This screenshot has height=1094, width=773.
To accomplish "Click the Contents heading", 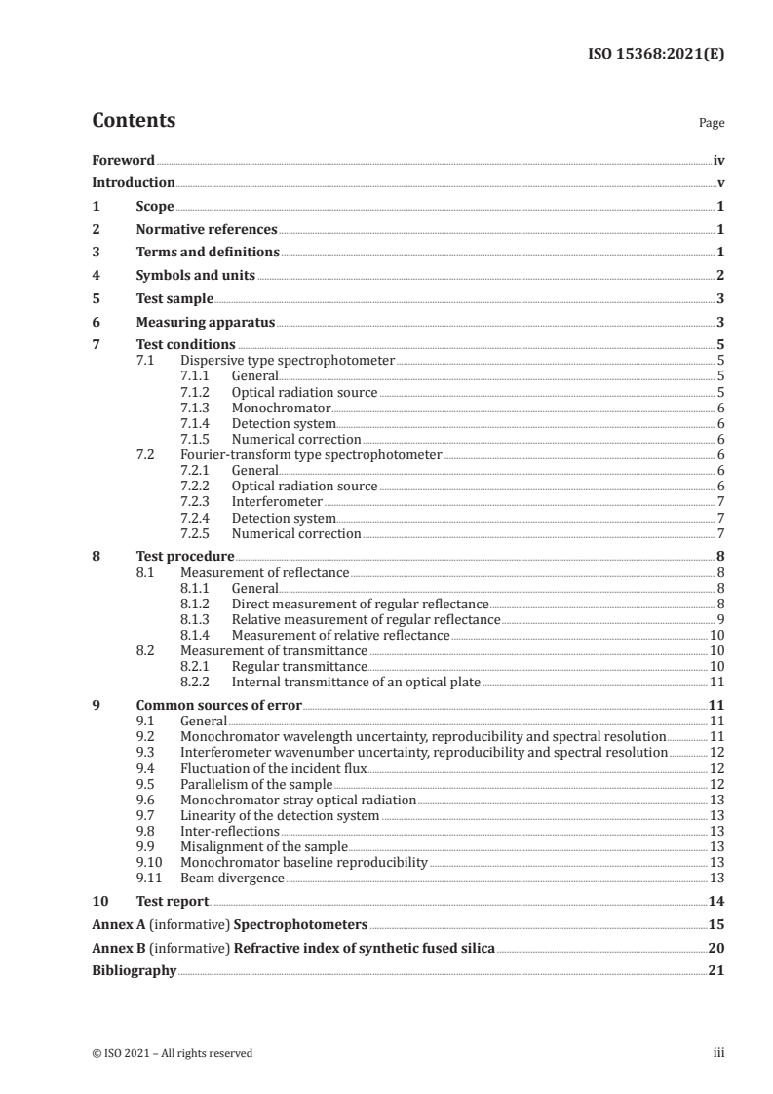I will (x=134, y=121).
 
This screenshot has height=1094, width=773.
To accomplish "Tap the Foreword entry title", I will (x=123, y=160).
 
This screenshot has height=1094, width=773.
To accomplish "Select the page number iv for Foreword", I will (x=718, y=160).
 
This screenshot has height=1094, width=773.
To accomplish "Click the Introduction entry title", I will (x=134, y=183).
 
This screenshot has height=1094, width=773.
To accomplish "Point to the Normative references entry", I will (x=207, y=230).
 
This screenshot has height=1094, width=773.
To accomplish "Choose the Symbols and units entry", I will (x=195, y=276).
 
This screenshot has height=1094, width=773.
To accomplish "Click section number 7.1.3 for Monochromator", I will (x=195, y=408).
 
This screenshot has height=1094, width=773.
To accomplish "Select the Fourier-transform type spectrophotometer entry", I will (x=311, y=454).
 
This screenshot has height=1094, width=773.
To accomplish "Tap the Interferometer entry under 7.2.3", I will (x=277, y=501).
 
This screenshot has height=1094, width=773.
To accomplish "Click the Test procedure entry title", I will (x=184, y=557).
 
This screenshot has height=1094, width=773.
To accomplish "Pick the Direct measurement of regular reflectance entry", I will (x=360, y=605).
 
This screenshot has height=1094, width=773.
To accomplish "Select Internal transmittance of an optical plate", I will (x=356, y=683).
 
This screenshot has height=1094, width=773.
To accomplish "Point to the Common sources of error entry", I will (x=219, y=705).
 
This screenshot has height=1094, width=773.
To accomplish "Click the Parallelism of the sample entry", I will (x=256, y=784).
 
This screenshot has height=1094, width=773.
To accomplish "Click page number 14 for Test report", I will (x=716, y=902).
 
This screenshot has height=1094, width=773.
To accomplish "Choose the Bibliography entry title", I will (x=134, y=971).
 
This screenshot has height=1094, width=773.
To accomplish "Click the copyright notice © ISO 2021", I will (x=172, y=1053).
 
